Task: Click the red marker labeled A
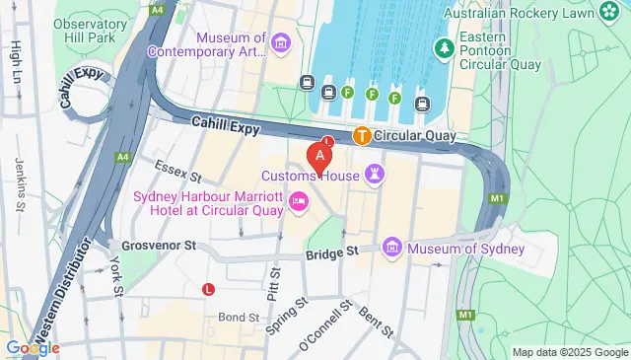318,157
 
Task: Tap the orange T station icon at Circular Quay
362,135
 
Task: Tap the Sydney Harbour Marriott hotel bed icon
298,202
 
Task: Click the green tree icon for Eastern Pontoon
446,46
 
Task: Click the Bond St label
238,290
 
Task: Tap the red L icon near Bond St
208,289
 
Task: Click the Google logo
32,347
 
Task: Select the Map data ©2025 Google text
570,352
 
